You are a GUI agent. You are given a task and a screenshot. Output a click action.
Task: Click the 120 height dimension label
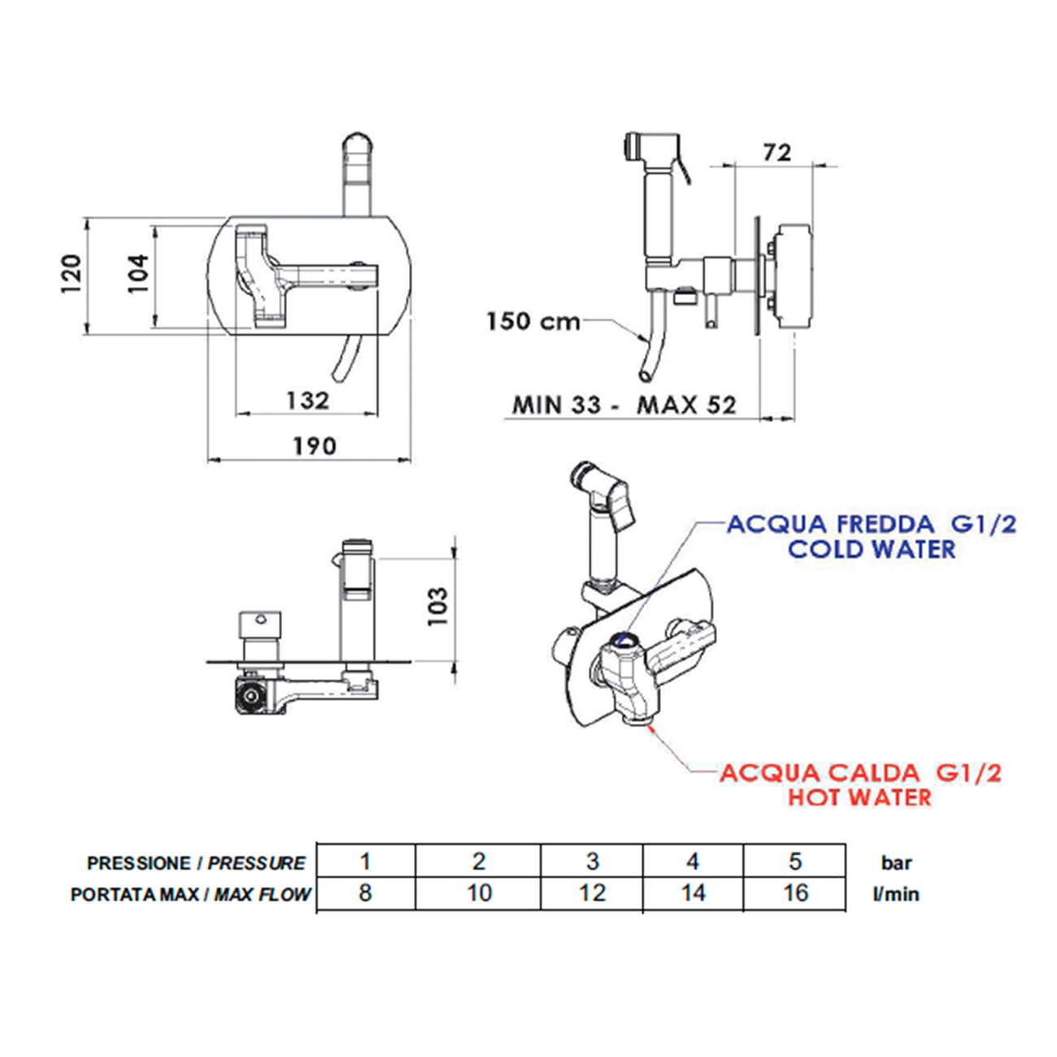click(x=72, y=274)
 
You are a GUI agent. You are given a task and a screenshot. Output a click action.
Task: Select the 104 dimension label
click(x=138, y=274)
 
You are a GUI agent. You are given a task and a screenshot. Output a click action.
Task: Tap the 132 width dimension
click(x=307, y=400)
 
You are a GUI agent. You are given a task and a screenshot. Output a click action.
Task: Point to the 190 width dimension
click(x=314, y=446)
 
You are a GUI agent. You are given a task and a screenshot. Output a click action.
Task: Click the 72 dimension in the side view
click(x=776, y=152)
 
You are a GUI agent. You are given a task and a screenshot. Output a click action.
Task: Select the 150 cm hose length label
click(x=533, y=321)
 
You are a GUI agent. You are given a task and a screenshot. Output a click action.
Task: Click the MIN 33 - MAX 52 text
click(x=624, y=404)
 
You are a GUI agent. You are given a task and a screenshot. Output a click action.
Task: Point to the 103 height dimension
click(x=438, y=606)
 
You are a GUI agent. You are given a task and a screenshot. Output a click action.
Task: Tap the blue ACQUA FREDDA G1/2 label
click(x=871, y=524)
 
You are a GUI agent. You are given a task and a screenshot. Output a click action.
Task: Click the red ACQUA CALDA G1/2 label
click(x=860, y=772)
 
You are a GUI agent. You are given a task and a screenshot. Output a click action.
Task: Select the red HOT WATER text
click(x=859, y=797)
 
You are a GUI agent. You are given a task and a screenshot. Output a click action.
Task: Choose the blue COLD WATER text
click(x=872, y=550)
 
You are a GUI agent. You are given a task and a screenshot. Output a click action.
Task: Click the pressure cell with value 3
click(x=592, y=861)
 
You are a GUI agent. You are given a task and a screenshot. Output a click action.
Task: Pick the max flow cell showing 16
click(x=794, y=893)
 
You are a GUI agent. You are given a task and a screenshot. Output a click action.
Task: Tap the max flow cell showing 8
click(x=365, y=893)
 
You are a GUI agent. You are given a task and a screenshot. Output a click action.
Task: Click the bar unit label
click(x=896, y=863)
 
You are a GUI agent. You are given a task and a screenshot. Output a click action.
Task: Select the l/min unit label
click(x=896, y=894)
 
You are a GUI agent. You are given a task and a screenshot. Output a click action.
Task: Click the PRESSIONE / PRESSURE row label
click(x=196, y=863)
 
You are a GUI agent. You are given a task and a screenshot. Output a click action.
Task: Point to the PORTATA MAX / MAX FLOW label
click(x=190, y=894)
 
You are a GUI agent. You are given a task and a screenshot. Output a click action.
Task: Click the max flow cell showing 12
click(x=592, y=893)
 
